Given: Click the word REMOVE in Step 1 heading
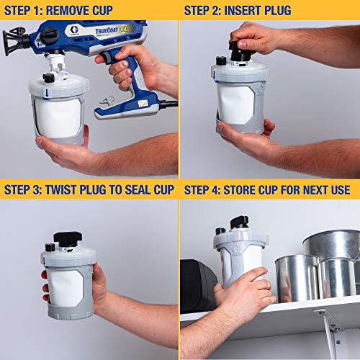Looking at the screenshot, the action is [64, 11].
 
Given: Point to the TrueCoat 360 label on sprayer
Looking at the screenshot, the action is [112, 30].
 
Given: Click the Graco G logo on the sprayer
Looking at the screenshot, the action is [74, 30].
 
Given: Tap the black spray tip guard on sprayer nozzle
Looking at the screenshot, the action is [14, 41].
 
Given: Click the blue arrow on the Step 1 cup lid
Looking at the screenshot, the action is [47, 94].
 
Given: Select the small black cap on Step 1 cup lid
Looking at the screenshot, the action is [49, 78].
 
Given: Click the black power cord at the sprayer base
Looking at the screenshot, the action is [169, 104].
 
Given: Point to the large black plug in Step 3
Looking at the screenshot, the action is [68, 239].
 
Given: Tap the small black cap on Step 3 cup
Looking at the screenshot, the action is [50, 247].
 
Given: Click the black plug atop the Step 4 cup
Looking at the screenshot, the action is [239, 222].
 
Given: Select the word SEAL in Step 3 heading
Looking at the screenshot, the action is [138, 189].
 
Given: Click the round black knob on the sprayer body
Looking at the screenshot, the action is [49, 35].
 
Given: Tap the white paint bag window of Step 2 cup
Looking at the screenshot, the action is [235, 104].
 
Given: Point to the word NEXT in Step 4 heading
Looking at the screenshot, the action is [315, 189].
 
